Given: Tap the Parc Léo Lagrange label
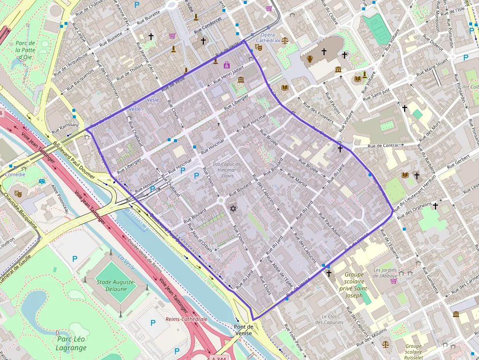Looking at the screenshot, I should coord(71,343).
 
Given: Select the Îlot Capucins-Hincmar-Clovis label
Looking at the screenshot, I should coord(227,169).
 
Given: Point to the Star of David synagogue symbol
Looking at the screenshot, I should coord(233,209).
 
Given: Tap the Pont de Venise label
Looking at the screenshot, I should coord(243,330).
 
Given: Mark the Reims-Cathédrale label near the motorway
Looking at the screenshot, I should coord(187,319).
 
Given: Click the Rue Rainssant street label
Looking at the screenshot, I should coord(65,125).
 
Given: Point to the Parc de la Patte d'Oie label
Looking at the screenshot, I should coord(25,50).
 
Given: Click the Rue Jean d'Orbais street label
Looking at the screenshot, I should coord(200,240).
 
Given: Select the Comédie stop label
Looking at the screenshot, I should coord(15,174).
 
